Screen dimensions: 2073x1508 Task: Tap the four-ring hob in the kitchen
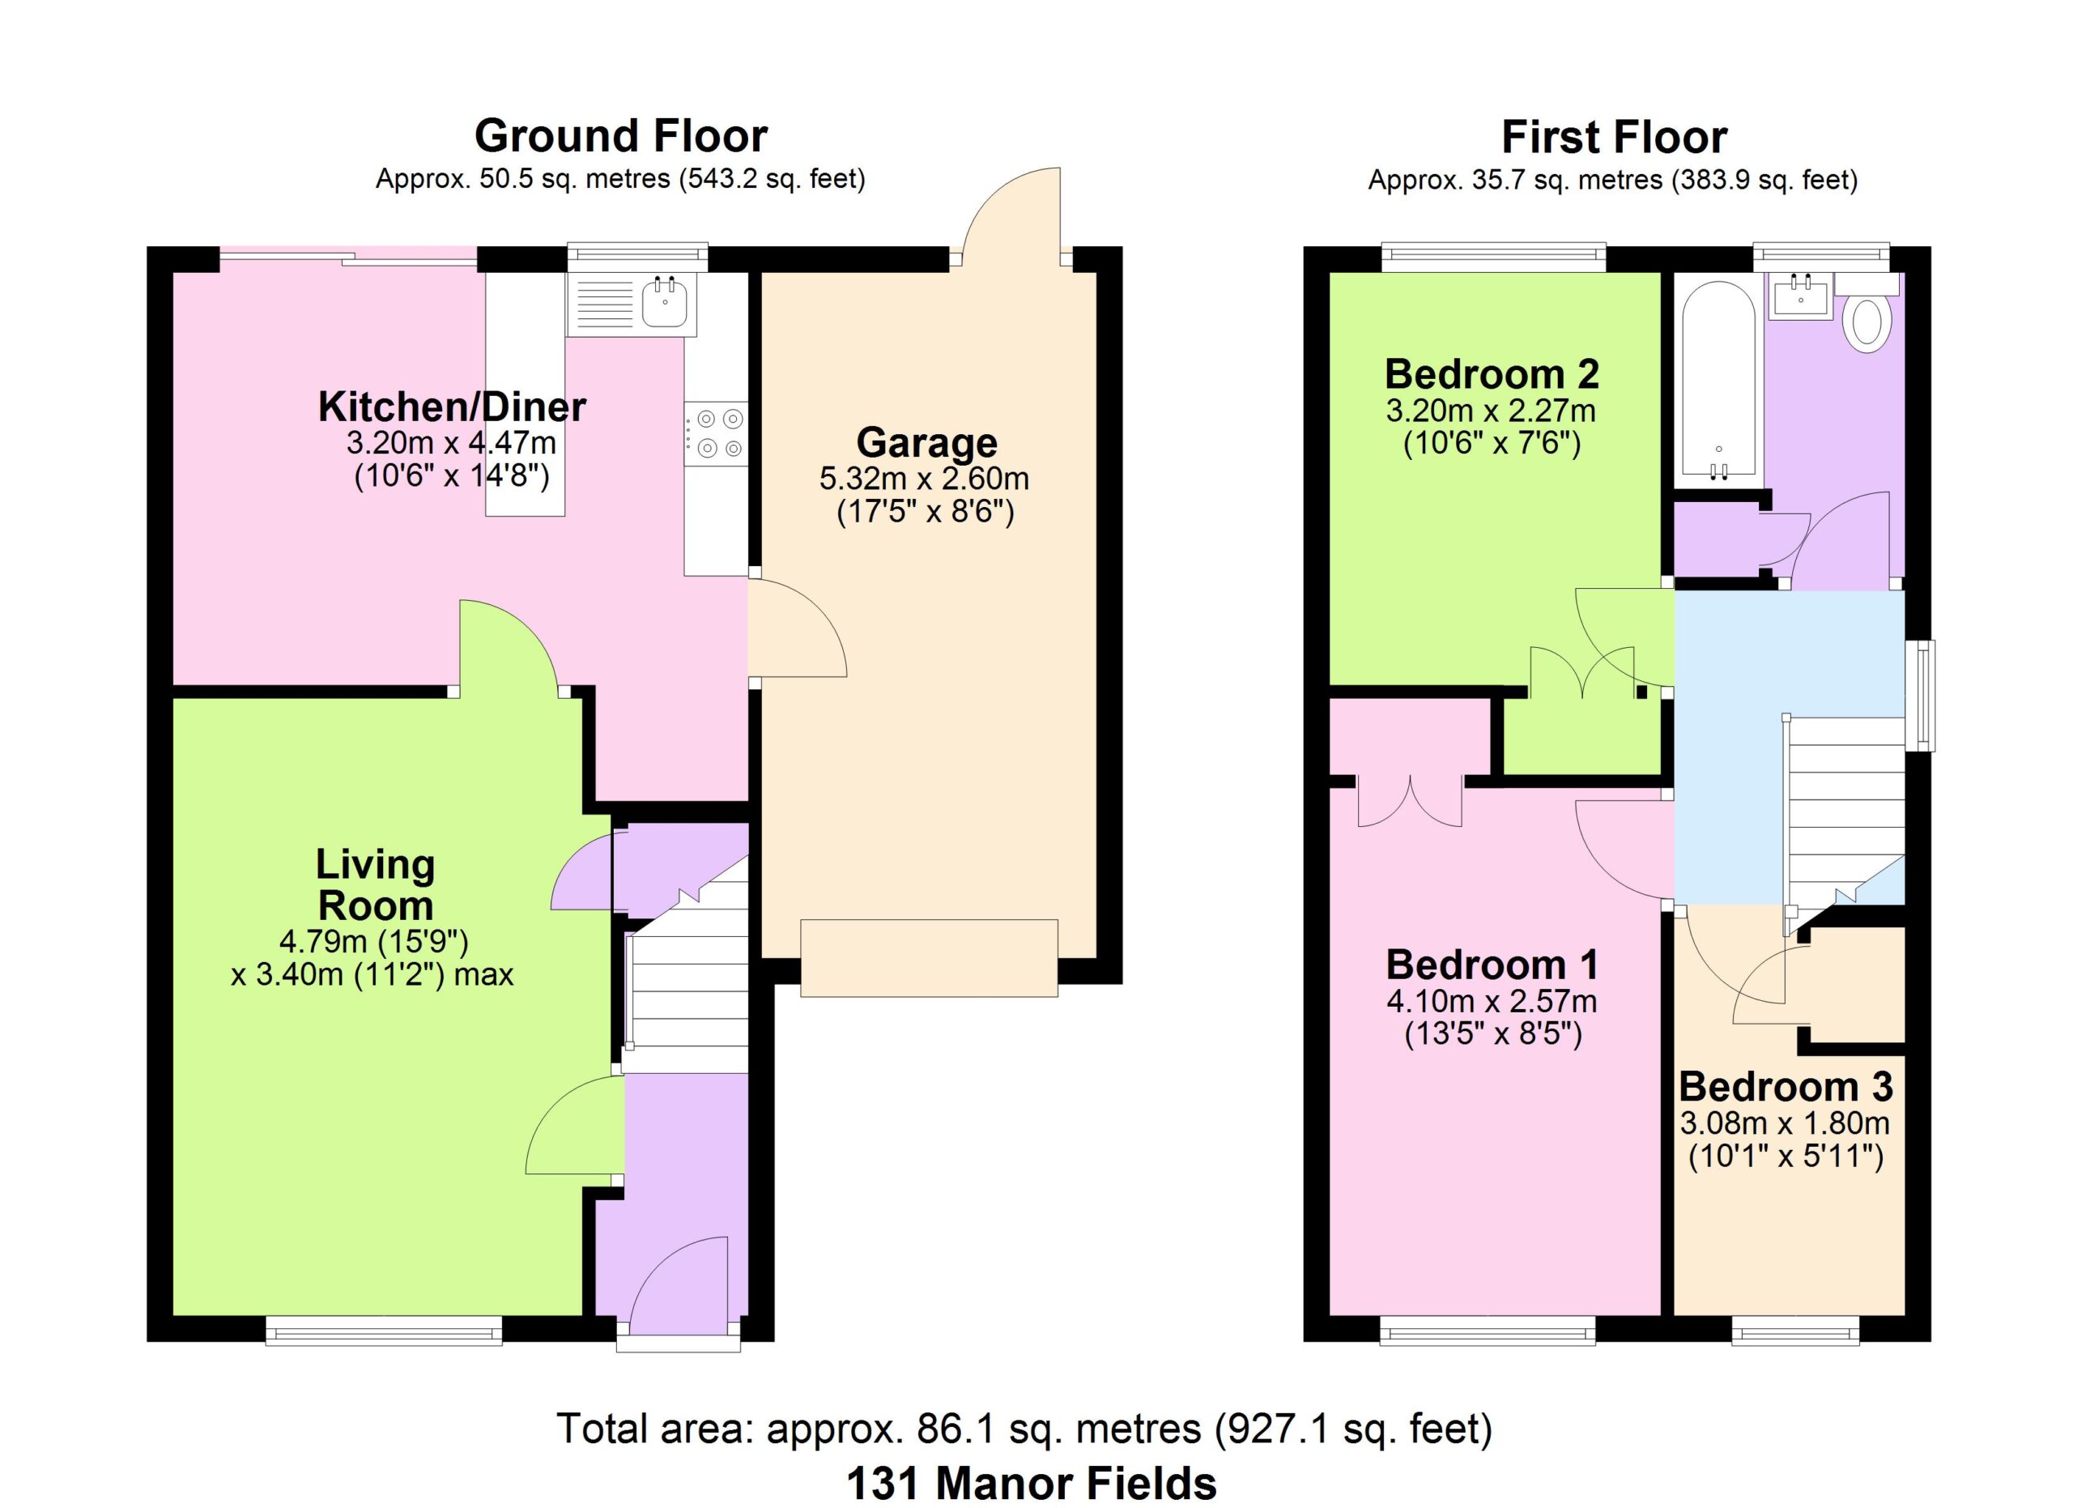point(717,433)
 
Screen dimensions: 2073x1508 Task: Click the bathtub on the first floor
point(1718,380)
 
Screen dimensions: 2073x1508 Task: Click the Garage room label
point(927,442)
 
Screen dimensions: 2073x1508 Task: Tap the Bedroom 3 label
point(1785,1087)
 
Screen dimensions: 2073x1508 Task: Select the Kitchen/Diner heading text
point(452,407)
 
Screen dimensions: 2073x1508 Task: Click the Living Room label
point(375,884)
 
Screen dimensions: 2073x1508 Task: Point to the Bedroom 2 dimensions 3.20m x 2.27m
point(1491,411)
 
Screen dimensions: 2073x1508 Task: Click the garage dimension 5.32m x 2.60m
point(924,478)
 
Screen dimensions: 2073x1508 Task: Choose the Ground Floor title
point(620,136)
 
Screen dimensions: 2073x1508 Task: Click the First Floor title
point(1614,138)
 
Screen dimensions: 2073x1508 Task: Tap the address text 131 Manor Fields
point(1031,1482)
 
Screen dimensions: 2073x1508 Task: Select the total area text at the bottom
point(1024,1429)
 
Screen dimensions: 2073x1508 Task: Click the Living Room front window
point(384,1330)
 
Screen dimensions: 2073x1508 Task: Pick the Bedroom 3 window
point(1795,1330)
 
